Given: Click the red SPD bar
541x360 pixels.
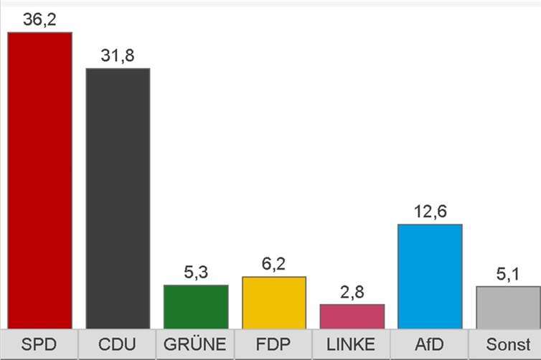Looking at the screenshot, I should click(39, 179).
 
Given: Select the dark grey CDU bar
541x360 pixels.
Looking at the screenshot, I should click(118, 198).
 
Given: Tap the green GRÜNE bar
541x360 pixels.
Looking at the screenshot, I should click(196, 306).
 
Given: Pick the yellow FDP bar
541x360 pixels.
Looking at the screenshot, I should click(274, 302).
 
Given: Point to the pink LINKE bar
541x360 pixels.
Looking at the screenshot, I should click(352, 316).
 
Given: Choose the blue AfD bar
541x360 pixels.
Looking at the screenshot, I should click(431, 276).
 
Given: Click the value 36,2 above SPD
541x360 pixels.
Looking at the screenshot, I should click(39, 19).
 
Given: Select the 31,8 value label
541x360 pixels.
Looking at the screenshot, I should click(118, 55).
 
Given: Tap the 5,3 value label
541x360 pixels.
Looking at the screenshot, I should click(196, 272).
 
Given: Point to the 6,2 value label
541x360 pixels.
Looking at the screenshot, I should click(274, 264).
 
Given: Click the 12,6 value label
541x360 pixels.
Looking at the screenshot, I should click(431, 212).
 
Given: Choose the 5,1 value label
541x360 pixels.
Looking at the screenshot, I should click(508, 273).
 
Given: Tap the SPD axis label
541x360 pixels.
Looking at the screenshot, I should click(39, 344).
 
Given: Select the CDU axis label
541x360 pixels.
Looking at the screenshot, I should click(118, 344).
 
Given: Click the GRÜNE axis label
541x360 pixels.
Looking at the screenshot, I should click(196, 344).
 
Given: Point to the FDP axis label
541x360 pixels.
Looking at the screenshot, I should click(274, 344).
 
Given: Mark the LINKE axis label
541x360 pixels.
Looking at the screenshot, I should click(352, 344).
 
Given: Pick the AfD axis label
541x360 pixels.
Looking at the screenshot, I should click(431, 344).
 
